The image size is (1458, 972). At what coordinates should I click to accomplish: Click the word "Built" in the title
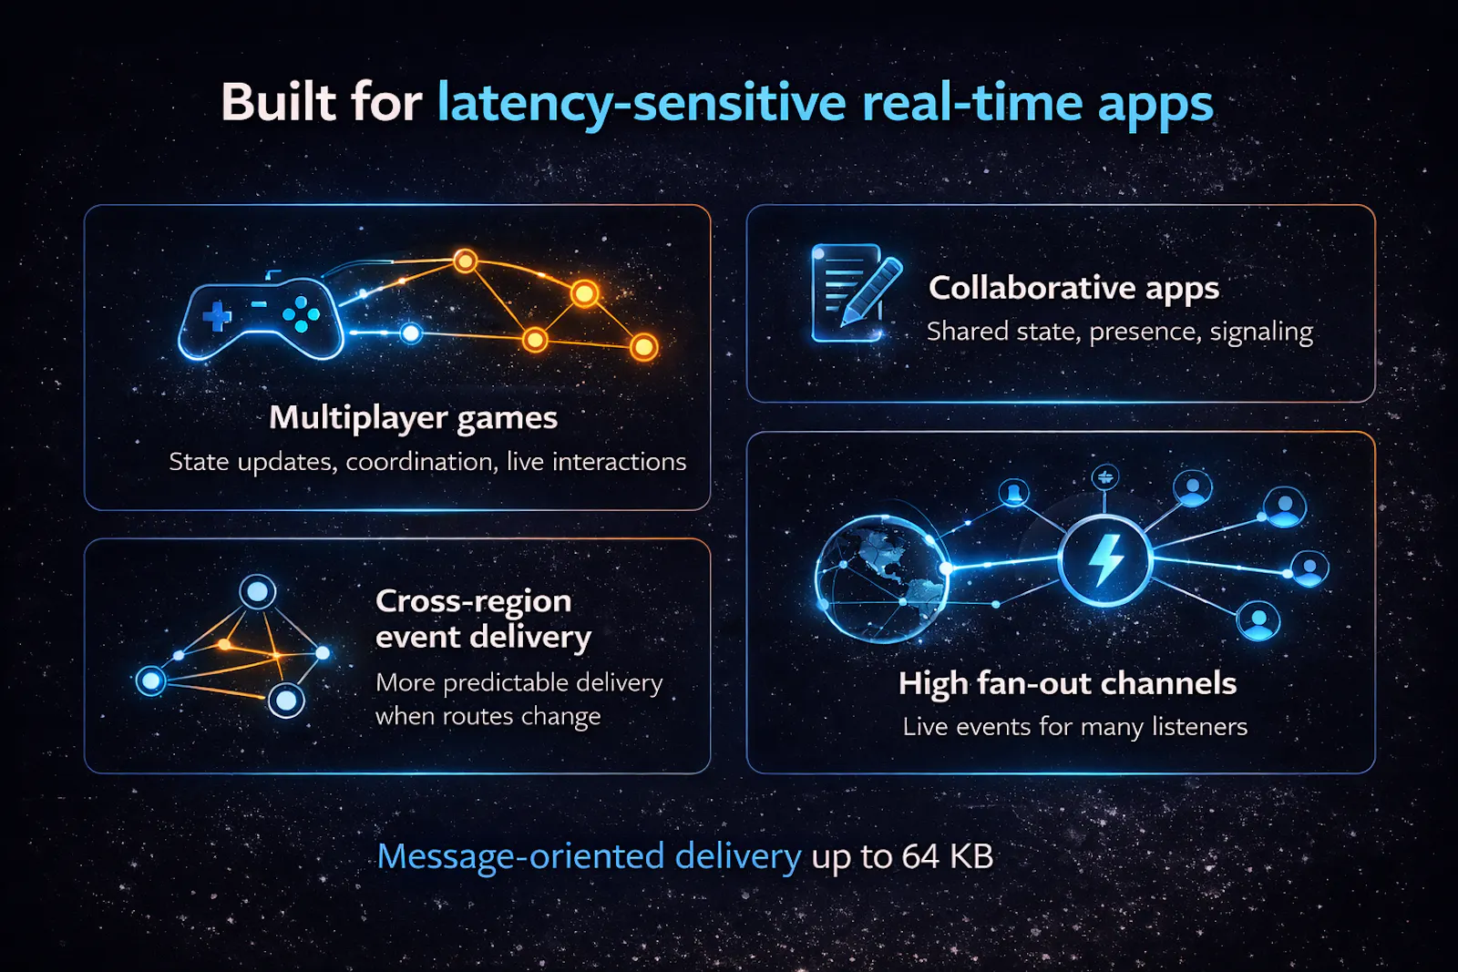279,102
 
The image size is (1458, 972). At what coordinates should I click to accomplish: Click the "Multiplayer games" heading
414,418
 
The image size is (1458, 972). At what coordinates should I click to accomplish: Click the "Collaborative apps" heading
1074,288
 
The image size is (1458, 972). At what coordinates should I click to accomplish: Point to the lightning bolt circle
1104,559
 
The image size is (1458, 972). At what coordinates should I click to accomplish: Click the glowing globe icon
881,578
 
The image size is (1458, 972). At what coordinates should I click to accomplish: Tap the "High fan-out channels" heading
1067,683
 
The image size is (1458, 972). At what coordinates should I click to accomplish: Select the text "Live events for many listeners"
1074,727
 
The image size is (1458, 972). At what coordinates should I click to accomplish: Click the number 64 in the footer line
921,856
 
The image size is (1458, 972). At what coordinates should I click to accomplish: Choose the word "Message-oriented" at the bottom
520,856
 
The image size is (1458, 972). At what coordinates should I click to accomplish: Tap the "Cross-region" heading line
473,601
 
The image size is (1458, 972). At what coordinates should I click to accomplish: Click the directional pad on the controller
217,316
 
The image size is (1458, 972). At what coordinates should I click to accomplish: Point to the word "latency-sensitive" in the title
642,104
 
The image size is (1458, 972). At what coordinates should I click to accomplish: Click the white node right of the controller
411,333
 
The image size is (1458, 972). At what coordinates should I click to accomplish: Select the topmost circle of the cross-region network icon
258,592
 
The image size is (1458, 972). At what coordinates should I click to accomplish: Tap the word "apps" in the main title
1155,106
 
